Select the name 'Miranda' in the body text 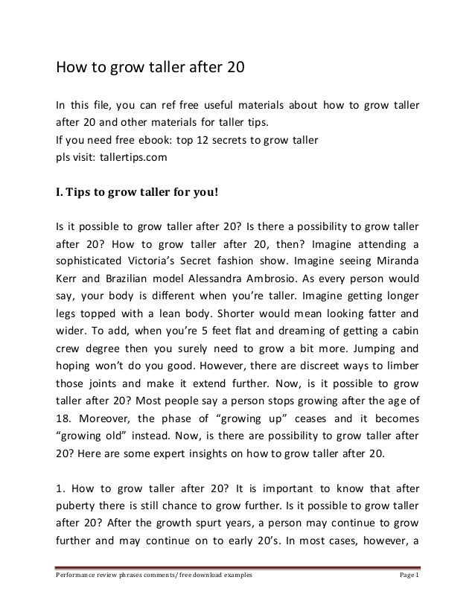(x=394, y=262)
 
